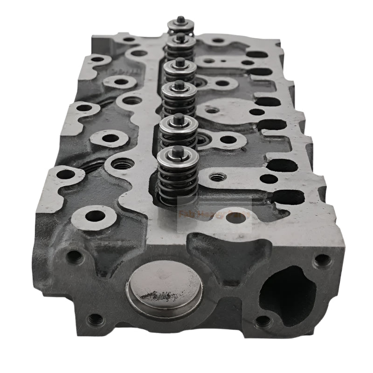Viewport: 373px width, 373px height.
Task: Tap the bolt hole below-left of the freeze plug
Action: click(96, 319)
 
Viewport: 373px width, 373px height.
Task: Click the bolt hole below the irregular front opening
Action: click(263, 321)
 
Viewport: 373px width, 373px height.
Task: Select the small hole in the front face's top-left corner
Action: click(75, 256)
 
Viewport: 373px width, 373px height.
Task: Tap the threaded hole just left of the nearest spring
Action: click(124, 164)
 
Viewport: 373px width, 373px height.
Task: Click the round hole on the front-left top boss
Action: click(96, 216)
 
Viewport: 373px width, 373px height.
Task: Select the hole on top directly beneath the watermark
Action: click(237, 217)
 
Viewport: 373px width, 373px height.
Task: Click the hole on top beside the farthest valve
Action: click(217, 41)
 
